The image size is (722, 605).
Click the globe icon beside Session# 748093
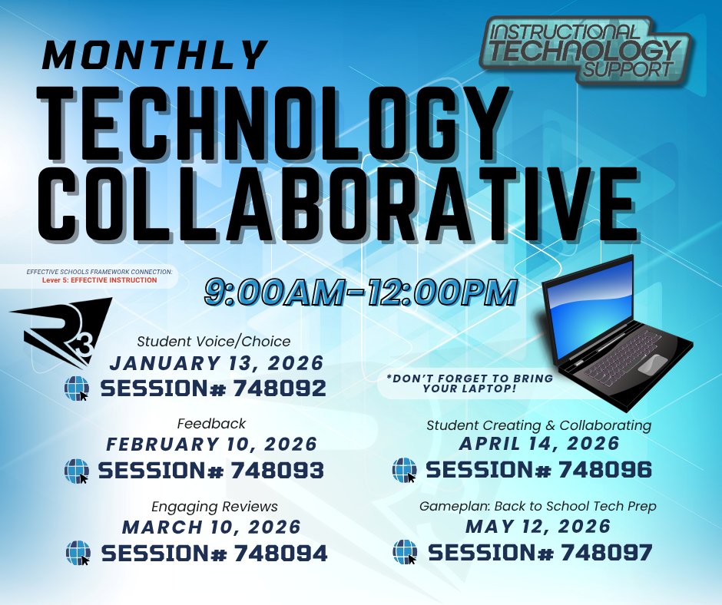coord(78,470)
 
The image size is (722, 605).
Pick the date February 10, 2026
coord(212,444)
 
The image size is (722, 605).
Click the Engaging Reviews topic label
coord(214,507)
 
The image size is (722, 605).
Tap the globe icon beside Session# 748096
coord(404,470)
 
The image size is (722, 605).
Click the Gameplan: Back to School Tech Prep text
coord(538,507)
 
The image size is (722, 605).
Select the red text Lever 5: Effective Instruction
coord(100,280)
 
